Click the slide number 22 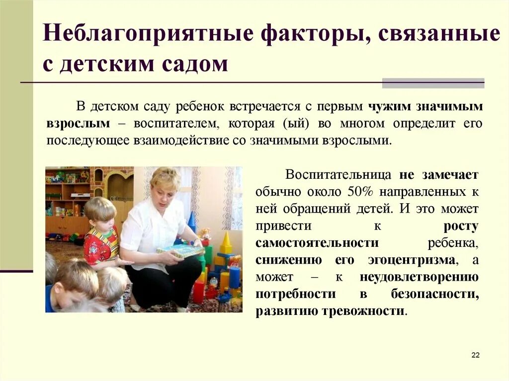click(x=475, y=355)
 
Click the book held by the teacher click(x=181, y=251)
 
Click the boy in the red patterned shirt click(x=101, y=238)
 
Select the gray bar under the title click(x=433, y=83)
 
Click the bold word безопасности click(x=435, y=294)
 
